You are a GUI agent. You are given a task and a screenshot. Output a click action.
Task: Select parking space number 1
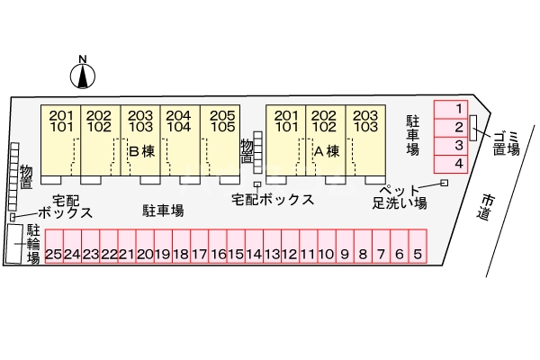tap(451, 110)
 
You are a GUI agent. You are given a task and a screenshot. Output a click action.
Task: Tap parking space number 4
tap(451, 164)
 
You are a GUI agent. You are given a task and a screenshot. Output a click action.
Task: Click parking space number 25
tap(54, 247)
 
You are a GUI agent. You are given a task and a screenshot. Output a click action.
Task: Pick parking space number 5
tap(418, 247)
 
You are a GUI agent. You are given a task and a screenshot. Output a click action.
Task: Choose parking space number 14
tap(254, 247)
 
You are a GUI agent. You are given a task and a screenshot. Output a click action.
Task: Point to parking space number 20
tap(145, 247)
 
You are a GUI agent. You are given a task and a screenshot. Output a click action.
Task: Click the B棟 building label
tap(142, 151)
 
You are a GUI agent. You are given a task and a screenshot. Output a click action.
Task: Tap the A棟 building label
tap(327, 151)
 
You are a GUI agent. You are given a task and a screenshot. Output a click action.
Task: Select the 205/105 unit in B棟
tap(220, 139)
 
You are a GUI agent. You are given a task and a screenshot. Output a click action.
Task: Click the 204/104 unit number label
tap(178, 121)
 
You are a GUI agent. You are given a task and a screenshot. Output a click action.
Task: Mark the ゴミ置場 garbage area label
tap(506, 144)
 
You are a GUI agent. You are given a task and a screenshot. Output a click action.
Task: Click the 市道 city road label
tap(486, 207)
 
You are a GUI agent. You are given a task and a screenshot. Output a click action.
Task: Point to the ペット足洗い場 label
tap(400, 197)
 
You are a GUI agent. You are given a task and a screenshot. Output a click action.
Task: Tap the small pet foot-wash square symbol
tap(445, 183)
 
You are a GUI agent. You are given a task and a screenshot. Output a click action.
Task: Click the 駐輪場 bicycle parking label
tap(33, 244)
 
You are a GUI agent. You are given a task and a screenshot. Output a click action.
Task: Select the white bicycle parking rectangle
tap(13, 244)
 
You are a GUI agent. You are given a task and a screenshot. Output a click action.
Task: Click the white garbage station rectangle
tap(473, 128)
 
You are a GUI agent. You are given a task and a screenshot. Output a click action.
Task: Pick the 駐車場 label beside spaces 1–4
tap(412, 135)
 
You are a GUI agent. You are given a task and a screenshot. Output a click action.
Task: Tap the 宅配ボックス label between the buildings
tap(273, 200)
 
